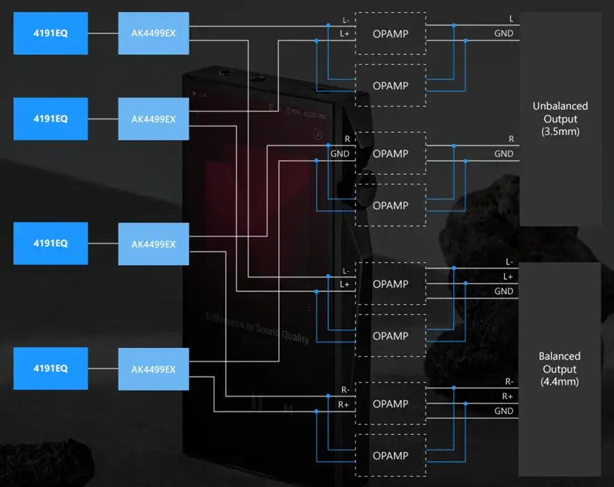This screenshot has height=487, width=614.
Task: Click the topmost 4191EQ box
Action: [x=51, y=33]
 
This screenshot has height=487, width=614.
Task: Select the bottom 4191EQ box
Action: [x=51, y=369]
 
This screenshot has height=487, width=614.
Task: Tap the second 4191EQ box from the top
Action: [x=51, y=119]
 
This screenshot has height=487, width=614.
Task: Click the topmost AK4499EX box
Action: [x=153, y=33]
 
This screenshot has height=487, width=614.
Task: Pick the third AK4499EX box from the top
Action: [x=153, y=244]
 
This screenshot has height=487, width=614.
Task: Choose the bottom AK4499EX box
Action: [x=153, y=369]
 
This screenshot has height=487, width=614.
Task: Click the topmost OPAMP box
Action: [x=390, y=33]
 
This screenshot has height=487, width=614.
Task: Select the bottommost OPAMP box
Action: [x=390, y=456]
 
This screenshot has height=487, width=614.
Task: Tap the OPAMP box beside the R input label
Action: [x=390, y=154]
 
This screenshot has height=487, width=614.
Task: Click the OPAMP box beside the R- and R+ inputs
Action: [x=390, y=404]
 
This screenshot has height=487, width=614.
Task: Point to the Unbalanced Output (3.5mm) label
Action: [x=560, y=118]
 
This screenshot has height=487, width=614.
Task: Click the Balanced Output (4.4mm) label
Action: [x=560, y=369]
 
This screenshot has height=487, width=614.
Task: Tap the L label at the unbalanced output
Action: [x=511, y=19]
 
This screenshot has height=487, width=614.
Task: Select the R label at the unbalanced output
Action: [x=511, y=139]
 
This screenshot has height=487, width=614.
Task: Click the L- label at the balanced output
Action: [x=508, y=262]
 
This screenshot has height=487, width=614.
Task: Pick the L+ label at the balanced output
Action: [x=508, y=277]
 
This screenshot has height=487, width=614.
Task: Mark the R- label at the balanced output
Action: [x=508, y=382]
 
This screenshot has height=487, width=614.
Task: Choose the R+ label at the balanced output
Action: [x=508, y=397]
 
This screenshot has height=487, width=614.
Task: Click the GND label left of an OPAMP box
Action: [x=339, y=154]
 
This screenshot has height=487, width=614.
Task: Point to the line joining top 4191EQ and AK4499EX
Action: [x=103, y=33]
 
